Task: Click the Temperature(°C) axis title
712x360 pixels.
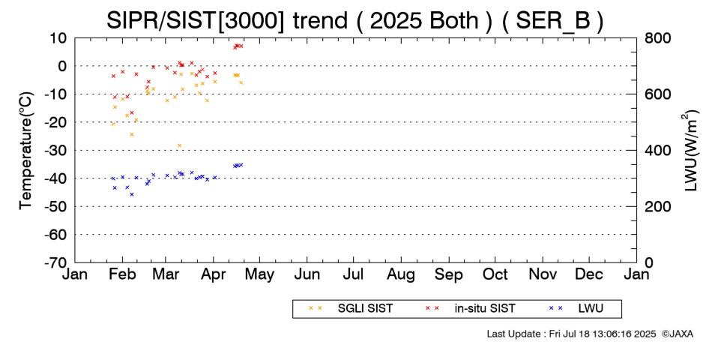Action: click(x=26, y=151)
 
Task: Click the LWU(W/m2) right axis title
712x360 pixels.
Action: click(x=689, y=151)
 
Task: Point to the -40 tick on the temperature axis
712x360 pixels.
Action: click(x=57, y=178)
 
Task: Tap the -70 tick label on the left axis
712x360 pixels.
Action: click(x=57, y=262)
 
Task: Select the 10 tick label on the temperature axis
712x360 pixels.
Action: click(x=59, y=37)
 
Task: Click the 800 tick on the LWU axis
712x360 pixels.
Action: click(x=657, y=37)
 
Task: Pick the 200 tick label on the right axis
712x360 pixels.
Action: click(x=657, y=206)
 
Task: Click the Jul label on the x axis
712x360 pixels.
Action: click(x=355, y=275)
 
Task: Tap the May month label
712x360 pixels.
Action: click(x=260, y=275)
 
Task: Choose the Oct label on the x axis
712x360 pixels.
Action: click(x=495, y=275)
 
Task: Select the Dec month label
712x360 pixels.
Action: click(x=589, y=275)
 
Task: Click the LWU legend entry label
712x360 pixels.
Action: click(x=591, y=308)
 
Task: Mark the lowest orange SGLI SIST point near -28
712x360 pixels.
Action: click(x=179, y=145)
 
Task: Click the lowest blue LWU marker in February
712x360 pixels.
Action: click(x=132, y=194)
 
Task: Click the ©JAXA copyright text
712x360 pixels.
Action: click(x=678, y=334)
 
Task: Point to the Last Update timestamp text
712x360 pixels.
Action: click(x=571, y=334)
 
